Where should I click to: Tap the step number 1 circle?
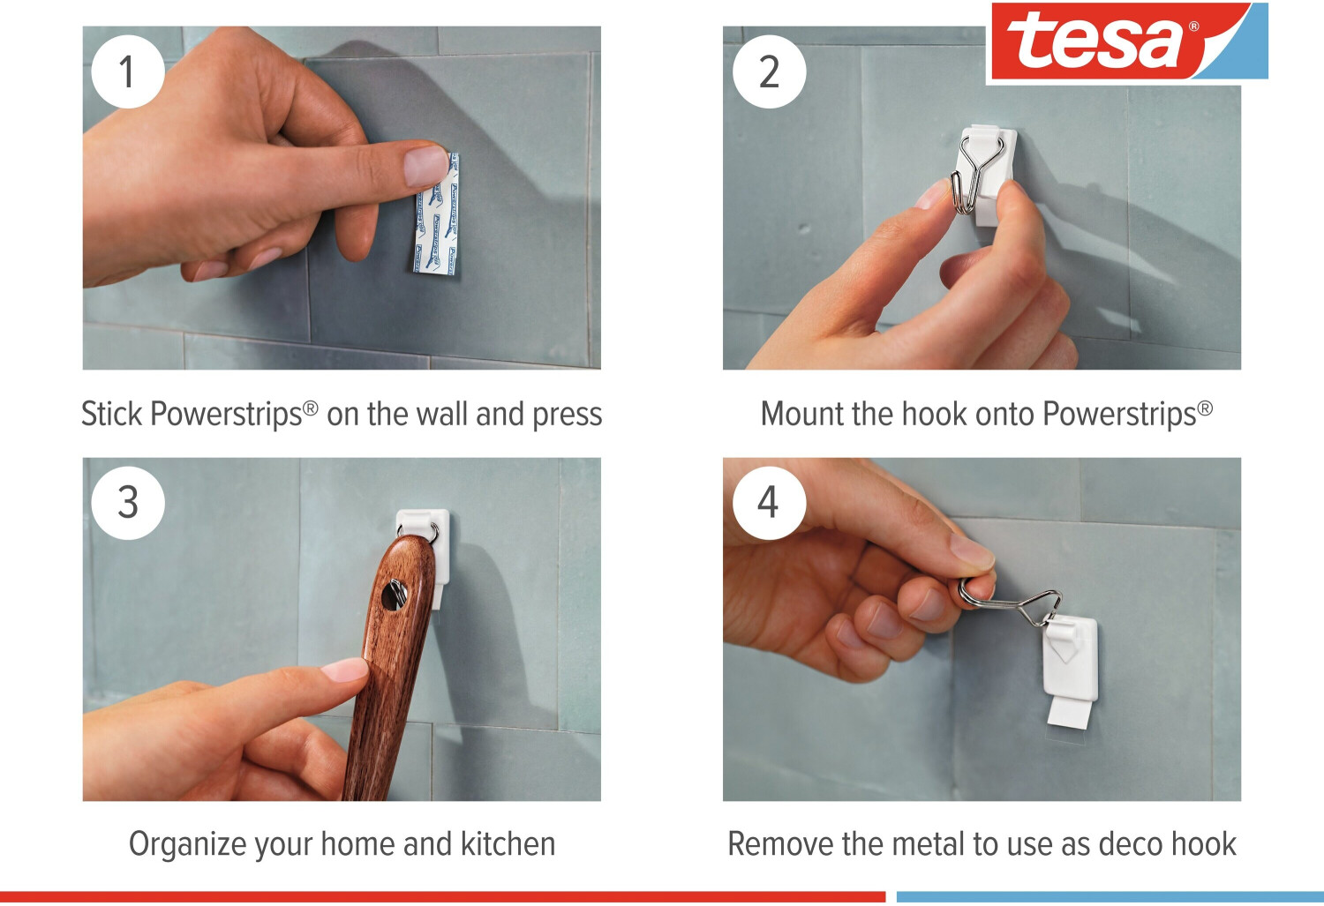tap(128, 71)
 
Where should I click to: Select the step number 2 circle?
tap(769, 71)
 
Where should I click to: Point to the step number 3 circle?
tap(128, 503)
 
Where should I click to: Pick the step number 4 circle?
tap(769, 503)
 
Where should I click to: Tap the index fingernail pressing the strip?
tap(425, 166)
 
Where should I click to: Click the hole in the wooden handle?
tap(393, 595)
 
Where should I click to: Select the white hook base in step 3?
tap(423, 555)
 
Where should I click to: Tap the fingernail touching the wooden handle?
tap(345, 671)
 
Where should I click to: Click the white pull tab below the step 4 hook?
tap(1069, 713)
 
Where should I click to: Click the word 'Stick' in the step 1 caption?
tap(112, 414)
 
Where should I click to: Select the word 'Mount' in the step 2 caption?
tap(802, 414)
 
